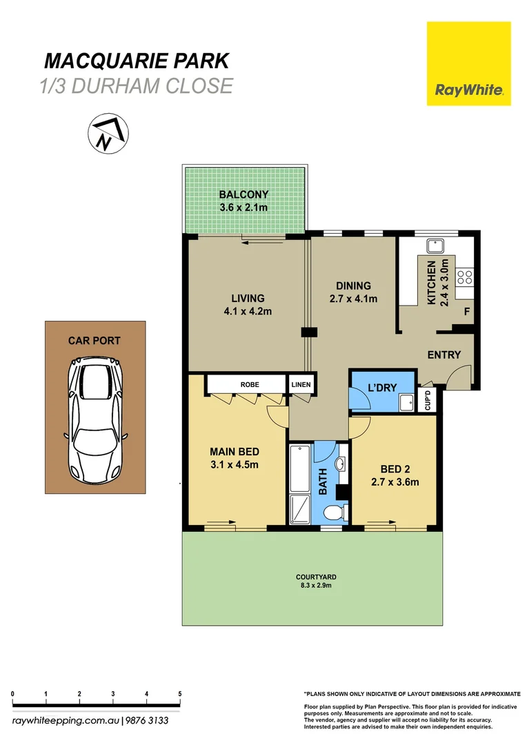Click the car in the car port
96,421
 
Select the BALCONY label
243,195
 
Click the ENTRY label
444,355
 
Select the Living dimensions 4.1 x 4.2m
248,311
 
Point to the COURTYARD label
312,577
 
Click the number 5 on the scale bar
179,694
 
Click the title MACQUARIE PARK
136,61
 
